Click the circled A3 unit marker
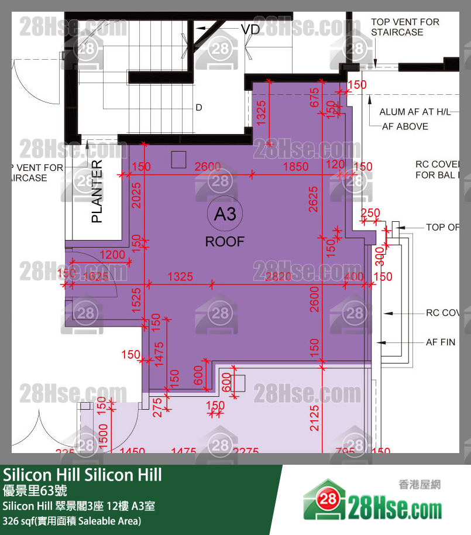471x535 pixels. point(225,215)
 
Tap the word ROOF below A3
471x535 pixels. point(225,241)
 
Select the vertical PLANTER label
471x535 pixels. point(97,191)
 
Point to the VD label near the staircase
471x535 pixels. point(250,29)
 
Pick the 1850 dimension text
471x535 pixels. point(295,167)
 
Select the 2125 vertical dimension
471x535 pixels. point(315,418)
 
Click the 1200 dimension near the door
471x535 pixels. point(112,255)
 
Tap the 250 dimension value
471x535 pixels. point(370,214)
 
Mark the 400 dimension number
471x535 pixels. point(353,276)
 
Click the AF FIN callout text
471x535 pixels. point(440,342)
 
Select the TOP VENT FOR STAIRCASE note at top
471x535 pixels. point(405,27)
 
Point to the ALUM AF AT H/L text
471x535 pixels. point(415,112)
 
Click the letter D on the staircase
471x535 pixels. point(199,108)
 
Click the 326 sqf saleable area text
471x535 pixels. point(72,520)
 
